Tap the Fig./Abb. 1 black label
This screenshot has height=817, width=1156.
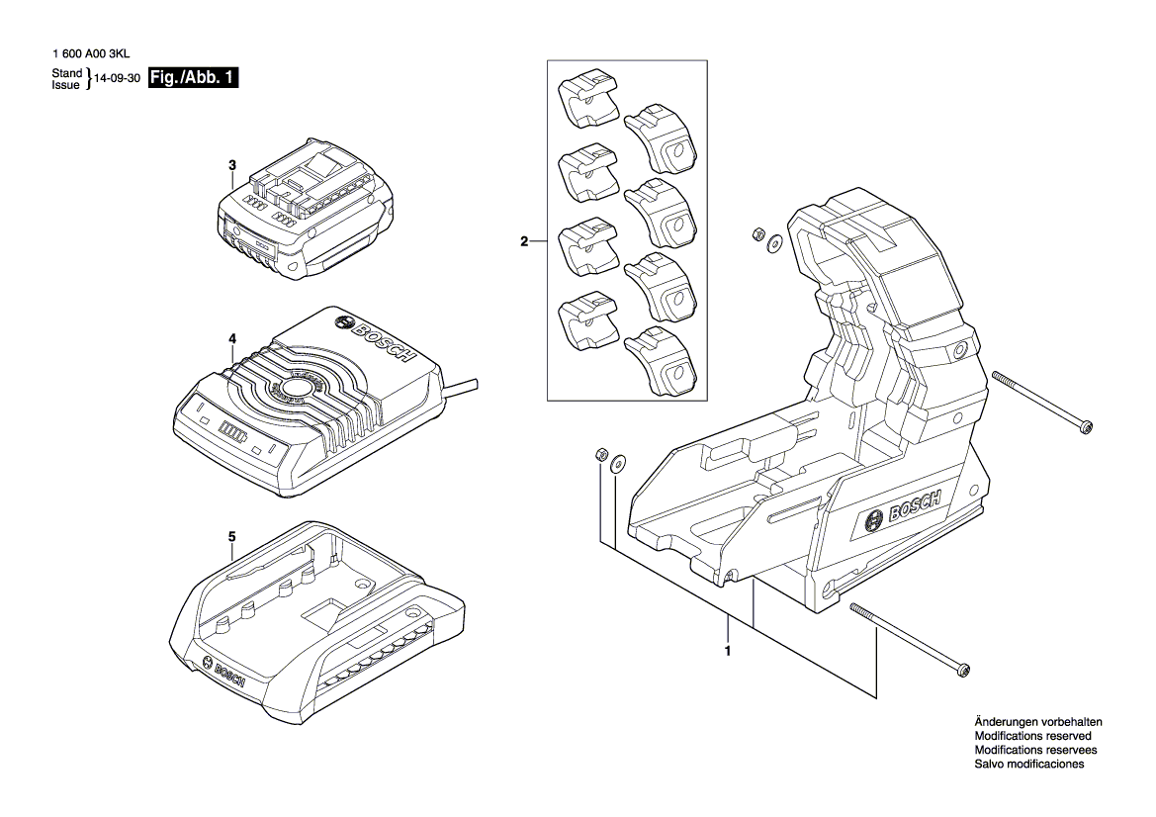(x=192, y=78)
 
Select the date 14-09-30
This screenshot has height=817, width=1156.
(x=117, y=80)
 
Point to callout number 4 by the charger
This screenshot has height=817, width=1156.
(x=231, y=338)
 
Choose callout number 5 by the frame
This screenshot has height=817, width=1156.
(x=231, y=537)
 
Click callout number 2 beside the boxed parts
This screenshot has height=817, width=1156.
(x=525, y=240)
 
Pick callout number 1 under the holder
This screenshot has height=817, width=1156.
(x=728, y=652)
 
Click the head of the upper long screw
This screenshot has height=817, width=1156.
(x=1086, y=426)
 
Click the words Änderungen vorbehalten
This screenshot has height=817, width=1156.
(x=1037, y=723)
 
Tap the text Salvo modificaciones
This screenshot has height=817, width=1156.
(x=1028, y=765)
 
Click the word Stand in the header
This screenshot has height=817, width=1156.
(x=66, y=74)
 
